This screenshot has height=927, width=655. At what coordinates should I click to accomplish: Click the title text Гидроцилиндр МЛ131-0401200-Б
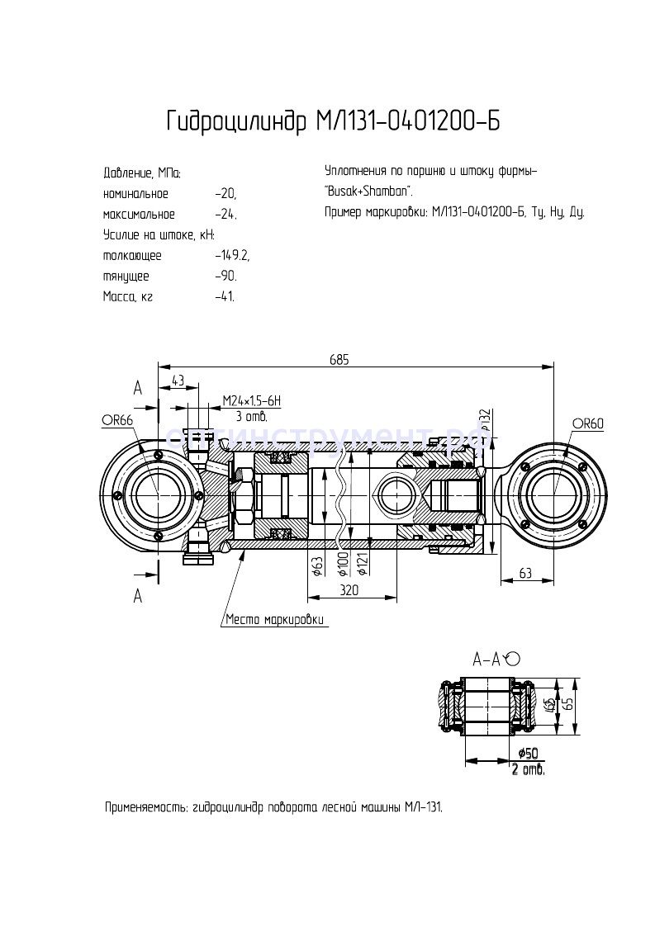333,122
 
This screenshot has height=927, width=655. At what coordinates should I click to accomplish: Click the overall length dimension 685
339,359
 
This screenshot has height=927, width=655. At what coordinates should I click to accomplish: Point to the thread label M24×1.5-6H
252,401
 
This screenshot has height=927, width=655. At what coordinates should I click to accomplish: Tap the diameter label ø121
362,566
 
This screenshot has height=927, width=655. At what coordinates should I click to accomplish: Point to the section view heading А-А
487,659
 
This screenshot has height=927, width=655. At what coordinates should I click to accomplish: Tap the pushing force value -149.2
231,255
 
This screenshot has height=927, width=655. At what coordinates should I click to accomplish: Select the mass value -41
224,296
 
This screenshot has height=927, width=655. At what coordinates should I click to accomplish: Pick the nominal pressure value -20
225,194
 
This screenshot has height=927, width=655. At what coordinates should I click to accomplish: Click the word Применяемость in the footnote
145,806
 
